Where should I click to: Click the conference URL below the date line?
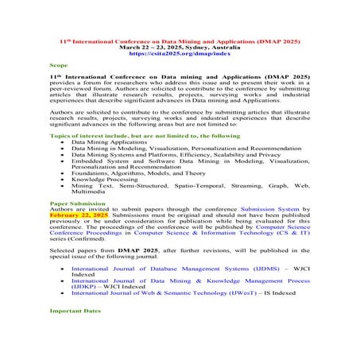(179, 52)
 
